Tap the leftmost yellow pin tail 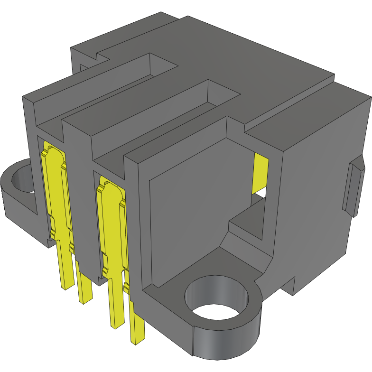coord(66,266)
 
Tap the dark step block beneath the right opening coord(247,223)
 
